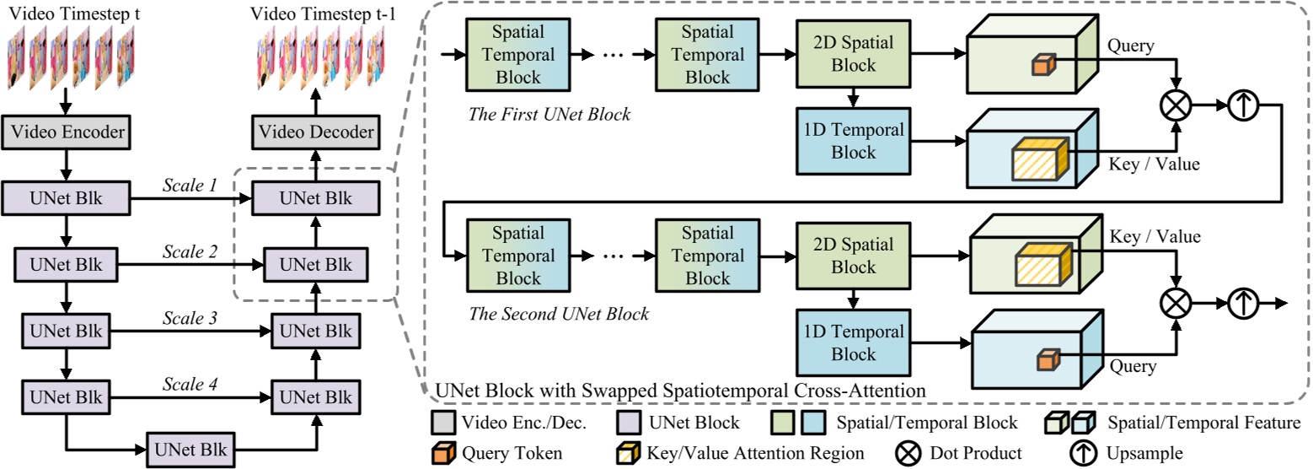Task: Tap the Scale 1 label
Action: pyautogui.click(x=189, y=186)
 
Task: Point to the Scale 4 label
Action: pyautogui.click(x=189, y=384)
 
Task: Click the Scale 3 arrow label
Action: pyautogui.click(x=189, y=319)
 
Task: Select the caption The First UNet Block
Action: pyautogui.click(x=549, y=113)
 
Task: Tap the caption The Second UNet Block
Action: pyautogui.click(x=559, y=315)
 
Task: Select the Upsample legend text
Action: pyautogui.click(x=1147, y=453)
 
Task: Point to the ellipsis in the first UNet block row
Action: pyautogui.click(x=613, y=55)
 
